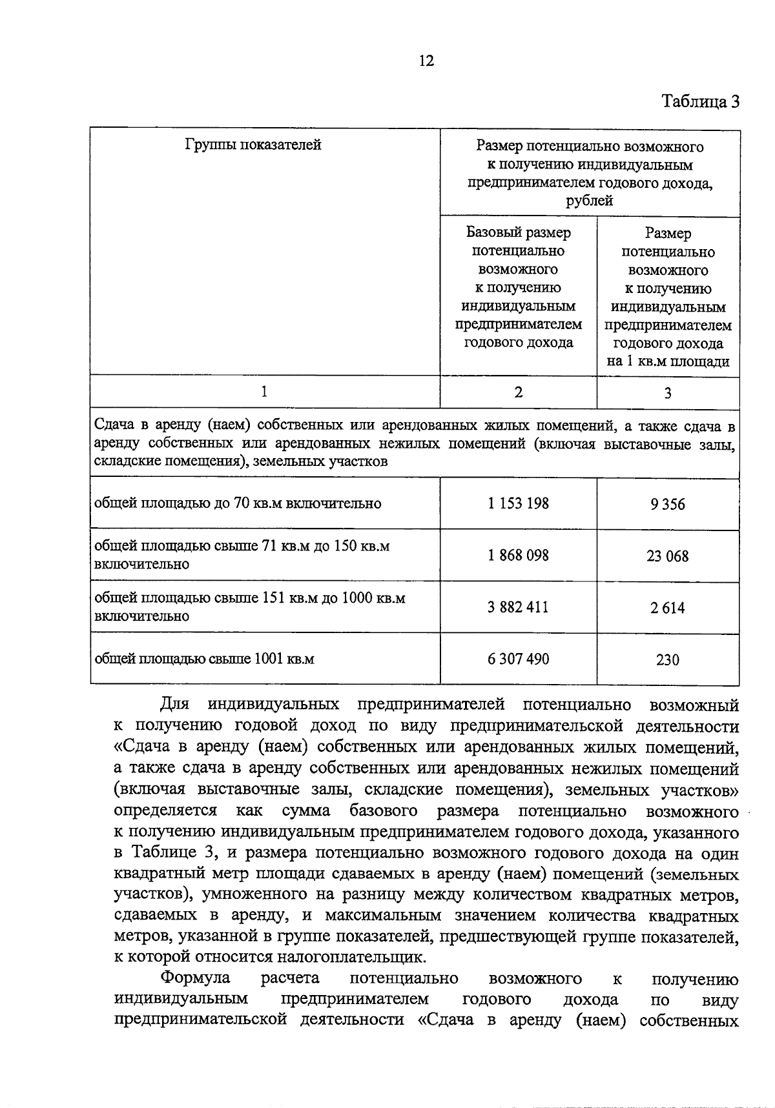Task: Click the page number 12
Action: (426, 61)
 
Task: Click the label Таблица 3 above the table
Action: (700, 101)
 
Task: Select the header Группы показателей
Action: (253, 145)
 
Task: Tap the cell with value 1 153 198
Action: (518, 503)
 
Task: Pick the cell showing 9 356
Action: (668, 505)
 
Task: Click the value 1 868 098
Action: (518, 555)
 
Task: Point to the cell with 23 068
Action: (668, 556)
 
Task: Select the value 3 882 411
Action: (518, 607)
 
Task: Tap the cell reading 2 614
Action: (668, 608)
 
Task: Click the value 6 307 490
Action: (518, 659)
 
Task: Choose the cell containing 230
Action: (668, 660)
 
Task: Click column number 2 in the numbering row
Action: (518, 392)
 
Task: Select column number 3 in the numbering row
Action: (668, 393)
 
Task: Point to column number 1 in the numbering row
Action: (264, 391)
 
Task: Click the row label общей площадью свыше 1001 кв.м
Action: (204, 659)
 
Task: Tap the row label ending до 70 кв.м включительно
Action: (238, 503)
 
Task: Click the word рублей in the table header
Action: (589, 201)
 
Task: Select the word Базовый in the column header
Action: (491, 232)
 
